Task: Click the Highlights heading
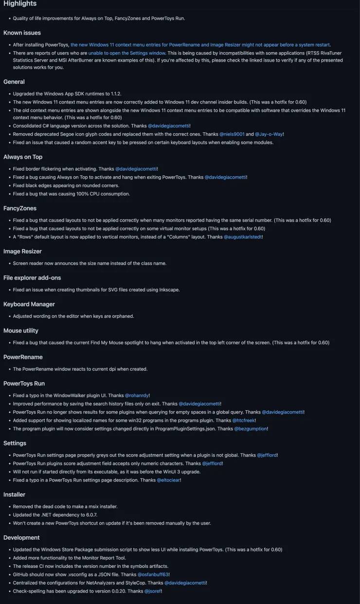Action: tap(20, 4)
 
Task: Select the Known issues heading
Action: tap(22, 33)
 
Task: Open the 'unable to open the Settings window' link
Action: tap(127, 53)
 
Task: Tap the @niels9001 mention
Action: tap(232, 134)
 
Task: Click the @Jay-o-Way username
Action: tap(269, 134)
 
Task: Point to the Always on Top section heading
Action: tap(23, 157)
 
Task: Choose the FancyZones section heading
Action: tap(20, 208)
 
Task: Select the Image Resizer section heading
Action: tap(22, 251)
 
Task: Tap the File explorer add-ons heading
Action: tap(32, 277)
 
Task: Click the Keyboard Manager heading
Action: tap(29, 304)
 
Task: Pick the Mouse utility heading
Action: tap(21, 330)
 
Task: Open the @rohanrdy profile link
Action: tap(137, 396)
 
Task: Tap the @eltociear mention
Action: tap(169, 480)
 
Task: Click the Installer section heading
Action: tap(14, 494)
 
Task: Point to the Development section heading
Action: tap(21, 537)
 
